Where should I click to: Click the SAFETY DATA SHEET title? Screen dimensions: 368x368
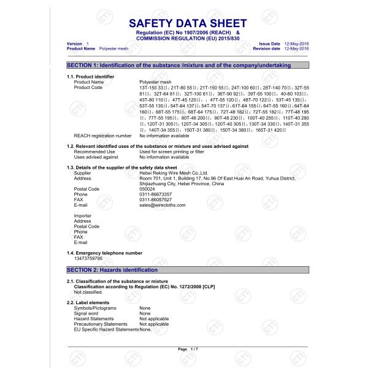188,24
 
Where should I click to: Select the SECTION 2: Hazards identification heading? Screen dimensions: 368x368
112,270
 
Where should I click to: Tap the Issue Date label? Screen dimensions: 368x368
270,44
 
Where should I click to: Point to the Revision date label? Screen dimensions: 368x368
267,48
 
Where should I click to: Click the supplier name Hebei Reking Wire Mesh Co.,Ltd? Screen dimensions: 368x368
174,173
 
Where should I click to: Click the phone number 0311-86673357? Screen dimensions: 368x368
155,194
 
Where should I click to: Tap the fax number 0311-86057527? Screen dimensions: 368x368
155,199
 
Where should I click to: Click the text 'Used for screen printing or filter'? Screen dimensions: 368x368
173,151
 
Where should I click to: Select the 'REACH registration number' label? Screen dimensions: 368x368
102,136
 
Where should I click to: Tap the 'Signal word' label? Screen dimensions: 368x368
86,313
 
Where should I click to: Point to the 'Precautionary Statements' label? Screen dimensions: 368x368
101,324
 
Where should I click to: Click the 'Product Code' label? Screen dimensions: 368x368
88,87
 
